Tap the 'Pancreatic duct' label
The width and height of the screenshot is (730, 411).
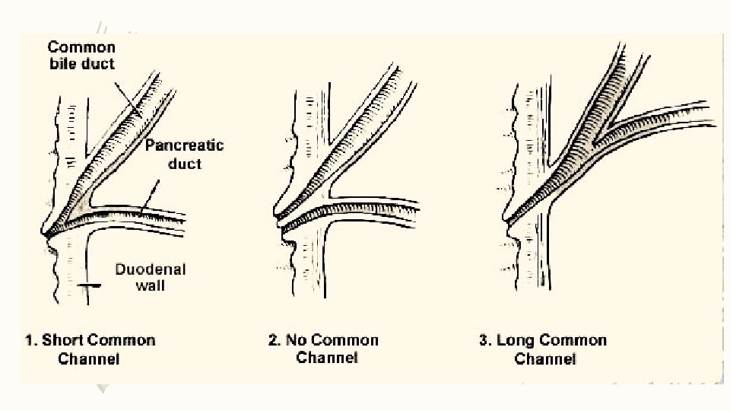(x=184, y=153)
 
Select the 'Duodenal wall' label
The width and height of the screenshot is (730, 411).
(x=151, y=277)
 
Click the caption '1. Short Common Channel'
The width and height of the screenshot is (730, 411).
(x=90, y=349)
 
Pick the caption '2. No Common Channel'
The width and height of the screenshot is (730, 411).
(x=323, y=349)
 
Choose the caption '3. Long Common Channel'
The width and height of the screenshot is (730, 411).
(x=543, y=349)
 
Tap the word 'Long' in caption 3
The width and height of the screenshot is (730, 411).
(x=516, y=340)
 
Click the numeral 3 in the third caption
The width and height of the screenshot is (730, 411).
(x=484, y=340)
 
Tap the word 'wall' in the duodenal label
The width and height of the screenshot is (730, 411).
(x=151, y=286)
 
